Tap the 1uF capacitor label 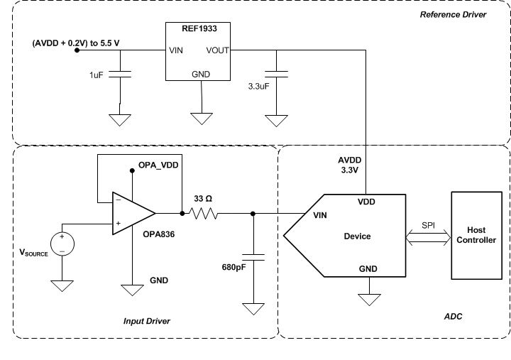pyautogui.click(x=97, y=75)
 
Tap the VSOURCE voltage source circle pyautogui.click(x=62, y=244)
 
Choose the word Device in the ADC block pyautogui.click(x=357, y=236)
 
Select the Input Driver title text pyautogui.click(x=147, y=321)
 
